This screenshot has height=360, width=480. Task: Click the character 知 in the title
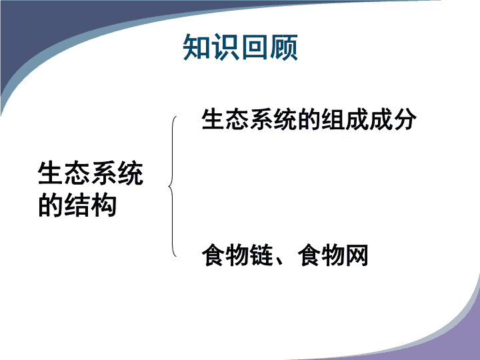pyautogui.click(x=196, y=47)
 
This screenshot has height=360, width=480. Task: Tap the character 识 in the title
pyautogui.click(x=225, y=47)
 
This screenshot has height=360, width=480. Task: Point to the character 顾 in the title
pyautogui.click(x=283, y=47)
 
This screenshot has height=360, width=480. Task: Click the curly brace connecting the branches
pyautogui.click(x=172, y=186)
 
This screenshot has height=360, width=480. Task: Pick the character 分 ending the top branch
pyautogui.click(x=405, y=119)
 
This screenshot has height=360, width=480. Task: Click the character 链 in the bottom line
pyautogui.click(x=261, y=255)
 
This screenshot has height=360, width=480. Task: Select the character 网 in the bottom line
pyautogui.click(x=357, y=255)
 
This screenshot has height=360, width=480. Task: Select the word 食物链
pyautogui.click(x=237, y=255)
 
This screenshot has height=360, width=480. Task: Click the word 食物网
pyautogui.click(x=333, y=255)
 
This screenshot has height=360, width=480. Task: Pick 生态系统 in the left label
pyautogui.click(x=91, y=173)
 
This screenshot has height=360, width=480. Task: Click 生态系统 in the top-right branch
pyautogui.click(x=249, y=119)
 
